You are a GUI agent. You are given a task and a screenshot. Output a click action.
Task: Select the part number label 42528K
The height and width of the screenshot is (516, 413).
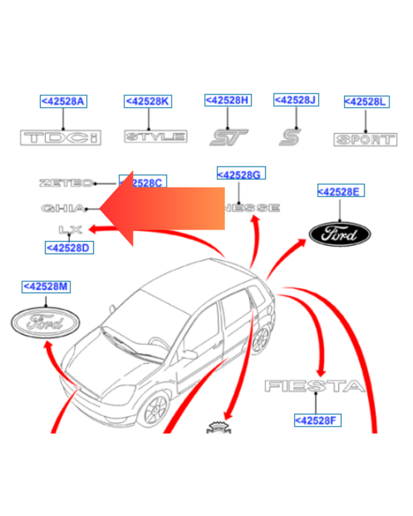coord(148,101)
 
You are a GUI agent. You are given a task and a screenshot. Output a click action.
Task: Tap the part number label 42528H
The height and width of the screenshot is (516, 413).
coord(228,100)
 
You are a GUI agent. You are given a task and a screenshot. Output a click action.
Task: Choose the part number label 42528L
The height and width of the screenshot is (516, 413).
coord(366,102)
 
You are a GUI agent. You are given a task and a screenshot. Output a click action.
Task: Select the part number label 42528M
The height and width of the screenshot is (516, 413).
coord(46,287)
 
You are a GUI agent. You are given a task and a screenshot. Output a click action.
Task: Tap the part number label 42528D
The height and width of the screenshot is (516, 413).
coord(69,248)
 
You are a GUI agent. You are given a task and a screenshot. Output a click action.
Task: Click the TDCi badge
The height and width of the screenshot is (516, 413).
coord(61,138)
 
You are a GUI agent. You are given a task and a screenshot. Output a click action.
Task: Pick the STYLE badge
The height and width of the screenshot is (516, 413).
coord(155,137)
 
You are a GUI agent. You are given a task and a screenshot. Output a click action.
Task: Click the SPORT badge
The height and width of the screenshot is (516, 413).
coord(365,140)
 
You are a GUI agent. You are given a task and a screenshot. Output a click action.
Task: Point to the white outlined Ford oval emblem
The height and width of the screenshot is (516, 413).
coord(45,322)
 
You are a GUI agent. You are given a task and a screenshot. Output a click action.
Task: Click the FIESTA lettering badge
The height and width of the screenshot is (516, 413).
coord(315,385)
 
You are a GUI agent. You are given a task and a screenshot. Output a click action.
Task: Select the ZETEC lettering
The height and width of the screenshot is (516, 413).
coord(67,183)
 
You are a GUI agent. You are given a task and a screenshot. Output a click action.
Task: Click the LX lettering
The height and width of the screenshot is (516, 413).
coord(70,230)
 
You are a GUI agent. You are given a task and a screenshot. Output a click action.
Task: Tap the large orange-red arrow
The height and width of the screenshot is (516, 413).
coord(161,209)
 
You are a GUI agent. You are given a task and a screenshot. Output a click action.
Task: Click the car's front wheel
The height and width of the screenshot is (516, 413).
coord(156,410)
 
